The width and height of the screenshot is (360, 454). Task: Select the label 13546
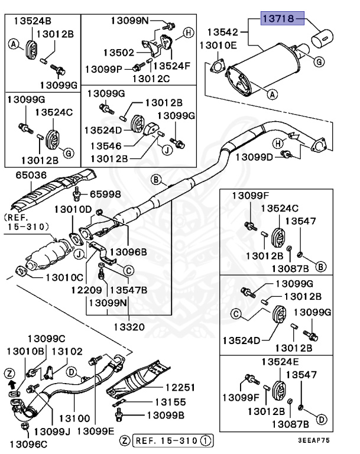coord(106,145)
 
